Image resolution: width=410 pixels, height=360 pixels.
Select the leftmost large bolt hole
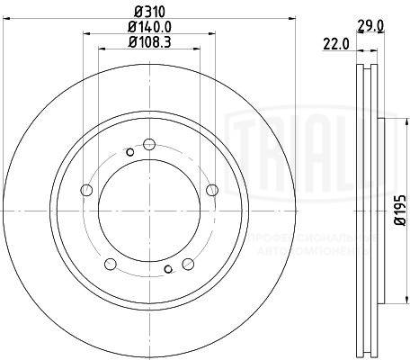(86, 190)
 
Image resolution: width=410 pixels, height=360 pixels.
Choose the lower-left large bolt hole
(111, 264)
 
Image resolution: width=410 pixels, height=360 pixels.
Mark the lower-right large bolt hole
(189, 264)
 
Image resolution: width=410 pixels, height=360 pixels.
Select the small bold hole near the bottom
(168, 270)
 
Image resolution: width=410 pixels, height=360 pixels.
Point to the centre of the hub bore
(149, 208)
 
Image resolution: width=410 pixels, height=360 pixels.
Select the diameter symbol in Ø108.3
(132, 42)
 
